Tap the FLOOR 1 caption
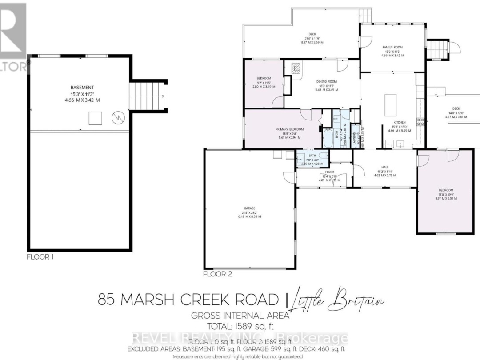point(40,256)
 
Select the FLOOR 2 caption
point(217,274)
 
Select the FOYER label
point(329,172)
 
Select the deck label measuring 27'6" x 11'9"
point(312,34)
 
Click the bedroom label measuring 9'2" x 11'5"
point(264,78)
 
